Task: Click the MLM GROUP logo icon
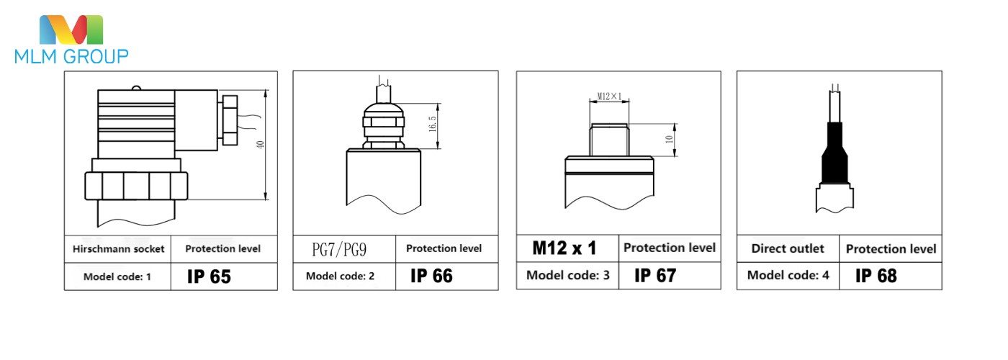pos(71,30)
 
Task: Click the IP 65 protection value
pos(209,276)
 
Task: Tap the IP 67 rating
pos(655,275)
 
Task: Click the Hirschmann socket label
pos(118,249)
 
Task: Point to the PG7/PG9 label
pos(339,249)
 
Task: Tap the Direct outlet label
pos(788,248)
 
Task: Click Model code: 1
pos(117,276)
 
